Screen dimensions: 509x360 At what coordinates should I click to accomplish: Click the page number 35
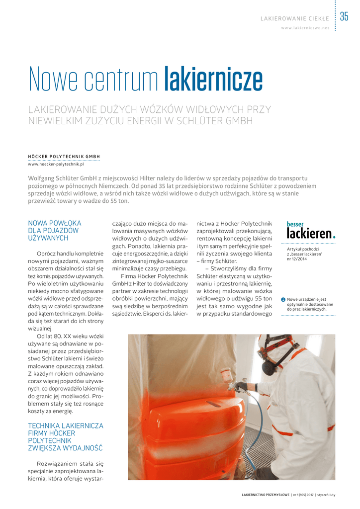pyautogui.click(x=344, y=17)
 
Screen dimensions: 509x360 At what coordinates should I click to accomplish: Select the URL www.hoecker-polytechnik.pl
pyautogui.click(x=56, y=164)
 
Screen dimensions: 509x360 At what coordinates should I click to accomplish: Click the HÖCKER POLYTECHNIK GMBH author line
pyautogui.click(x=64, y=157)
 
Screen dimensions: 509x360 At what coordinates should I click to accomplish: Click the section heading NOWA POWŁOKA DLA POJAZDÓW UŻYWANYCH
pyautogui.click(x=55, y=231)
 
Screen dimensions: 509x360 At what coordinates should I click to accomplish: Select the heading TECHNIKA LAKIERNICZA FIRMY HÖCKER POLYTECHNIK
pyautogui.click(x=65, y=436)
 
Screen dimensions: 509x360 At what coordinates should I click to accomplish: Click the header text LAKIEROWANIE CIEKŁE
pyautogui.click(x=295, y=19)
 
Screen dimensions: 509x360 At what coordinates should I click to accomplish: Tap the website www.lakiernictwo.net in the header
pyautogui.click(x=305, y=28)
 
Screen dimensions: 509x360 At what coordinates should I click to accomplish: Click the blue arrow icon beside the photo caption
pyautogui.click(x=283, y=299)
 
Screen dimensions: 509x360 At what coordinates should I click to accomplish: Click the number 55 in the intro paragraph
pyautogui.click(x=105, y=201)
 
